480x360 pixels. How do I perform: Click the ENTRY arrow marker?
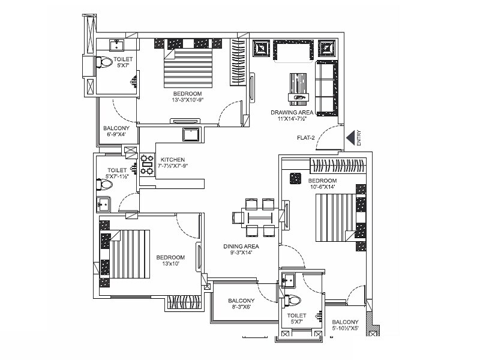[x=349, y=139]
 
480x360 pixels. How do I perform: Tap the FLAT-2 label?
[x=306, y=138]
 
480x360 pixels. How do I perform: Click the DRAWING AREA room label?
[x=290, y=116]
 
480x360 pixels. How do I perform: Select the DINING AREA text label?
[x=241, y=250]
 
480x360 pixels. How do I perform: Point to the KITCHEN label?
[x=173, y=160]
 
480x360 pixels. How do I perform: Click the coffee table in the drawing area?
[x=298, y=86]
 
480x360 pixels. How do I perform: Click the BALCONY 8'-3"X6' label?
[x=241, y=304]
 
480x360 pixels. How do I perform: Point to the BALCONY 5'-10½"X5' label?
[x=346, y=326]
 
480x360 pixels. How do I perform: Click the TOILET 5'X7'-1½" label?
[x=117, y=173]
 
